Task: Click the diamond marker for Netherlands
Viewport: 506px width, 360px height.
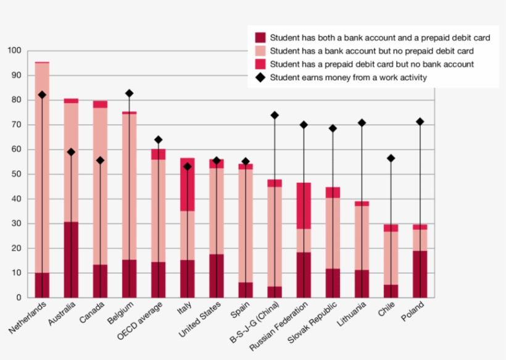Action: pyautogui.click(x=42, y=95)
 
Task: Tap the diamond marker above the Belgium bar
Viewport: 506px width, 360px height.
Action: pyautogui.click(x=129, y=93)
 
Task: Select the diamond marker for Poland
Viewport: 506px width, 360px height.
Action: pyautogui.click(x=420, y=122)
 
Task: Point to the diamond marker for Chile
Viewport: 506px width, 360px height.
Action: pyautogui.click(x=391, y=159)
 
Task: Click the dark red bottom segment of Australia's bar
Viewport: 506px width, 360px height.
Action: pyautogui.click(x=71, y=259)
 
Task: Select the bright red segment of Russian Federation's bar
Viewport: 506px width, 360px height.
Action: pyautogui.click(x=304, y=206)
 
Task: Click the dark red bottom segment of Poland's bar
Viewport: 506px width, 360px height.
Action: pyautogui.click(x=420, y=274)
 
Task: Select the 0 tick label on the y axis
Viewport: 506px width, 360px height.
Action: pyautogui.click(x=19, y=298)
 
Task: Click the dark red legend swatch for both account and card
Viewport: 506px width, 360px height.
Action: pyautogui.click(x=260, y=38)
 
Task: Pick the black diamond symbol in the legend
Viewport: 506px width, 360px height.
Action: pyautogui.click(x=260, y=77)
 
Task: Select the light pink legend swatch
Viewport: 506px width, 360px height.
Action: pyautogui.click(x=260, y=51)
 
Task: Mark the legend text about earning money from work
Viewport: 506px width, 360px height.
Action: pyautogui.click(x=349, y=77)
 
